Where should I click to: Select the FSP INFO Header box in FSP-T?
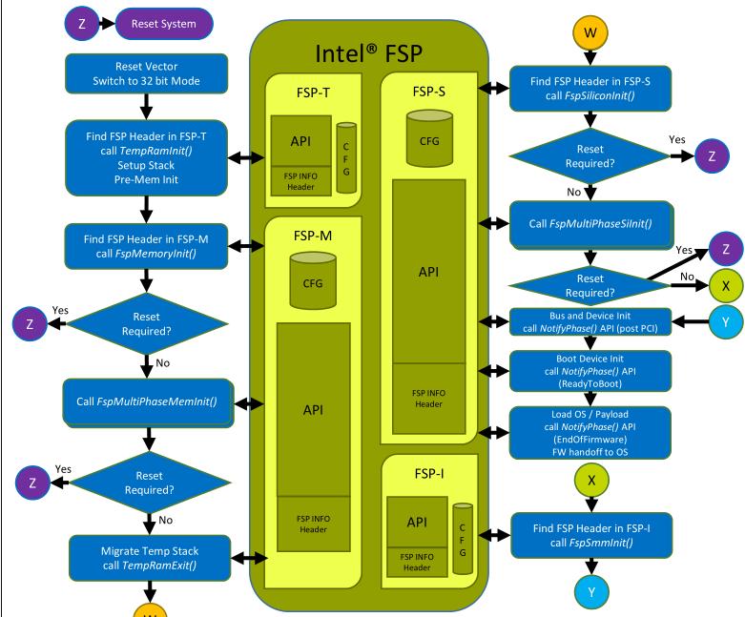pos(300,181)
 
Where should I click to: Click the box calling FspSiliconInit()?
pos(591,88)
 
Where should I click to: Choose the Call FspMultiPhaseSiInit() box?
pos(591,225)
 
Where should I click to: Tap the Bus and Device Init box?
pos(591,322)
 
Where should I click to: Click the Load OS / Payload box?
pos(591,433)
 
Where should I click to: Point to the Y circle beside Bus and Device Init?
pos(724,322)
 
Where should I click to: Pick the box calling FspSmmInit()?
pos(591,535)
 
